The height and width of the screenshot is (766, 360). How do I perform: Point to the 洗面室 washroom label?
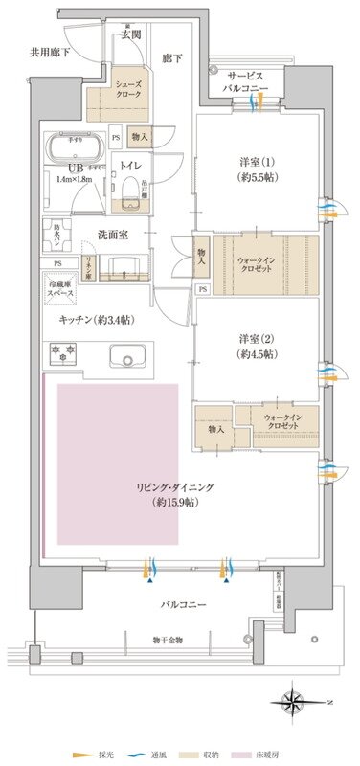[x=113, y=234]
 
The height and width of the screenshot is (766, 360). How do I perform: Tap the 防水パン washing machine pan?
[x=53, y=237]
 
